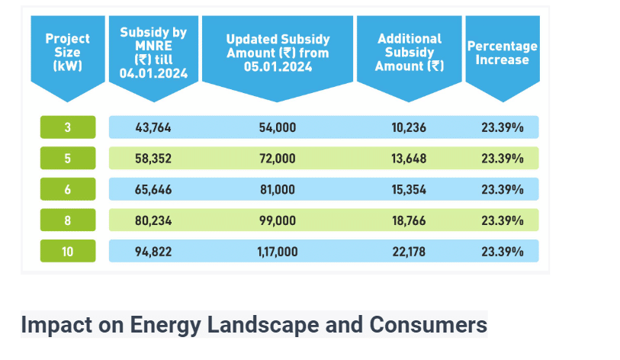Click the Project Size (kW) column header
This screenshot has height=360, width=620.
point(68,52)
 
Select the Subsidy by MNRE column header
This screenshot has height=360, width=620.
point(153,53)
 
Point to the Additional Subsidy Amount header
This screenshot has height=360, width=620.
point(410,52)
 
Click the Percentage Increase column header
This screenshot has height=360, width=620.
point(502,52)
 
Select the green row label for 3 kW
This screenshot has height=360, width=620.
point(68,127)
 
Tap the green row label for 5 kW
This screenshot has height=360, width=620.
point(68,159)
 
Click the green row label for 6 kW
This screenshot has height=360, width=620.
point(68,189)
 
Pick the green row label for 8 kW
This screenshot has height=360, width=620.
point(68,220)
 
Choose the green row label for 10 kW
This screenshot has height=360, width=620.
point(68,251)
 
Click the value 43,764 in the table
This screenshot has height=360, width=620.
point(153,127)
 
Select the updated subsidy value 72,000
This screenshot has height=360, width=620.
point(278,159)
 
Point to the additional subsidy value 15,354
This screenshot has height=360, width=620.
point(410,189)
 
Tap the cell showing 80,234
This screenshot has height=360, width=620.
point(153,220)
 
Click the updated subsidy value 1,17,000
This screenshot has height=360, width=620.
point(278,251)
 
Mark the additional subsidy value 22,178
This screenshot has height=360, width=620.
point(410,251)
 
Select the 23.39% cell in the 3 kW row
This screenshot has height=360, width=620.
point(502,127)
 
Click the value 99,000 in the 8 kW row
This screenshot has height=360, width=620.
point(278,220)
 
